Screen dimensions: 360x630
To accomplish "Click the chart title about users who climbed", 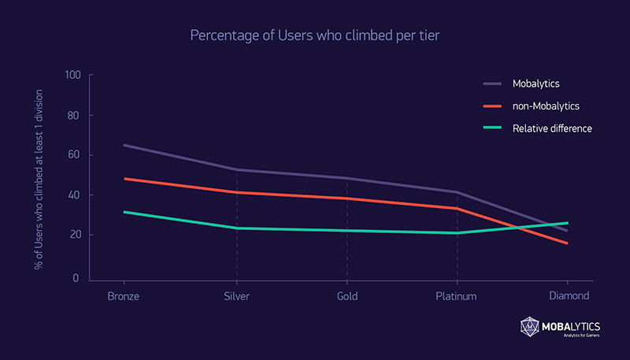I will click(x=314, y=36).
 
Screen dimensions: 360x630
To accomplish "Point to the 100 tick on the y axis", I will click(x=74, y=76).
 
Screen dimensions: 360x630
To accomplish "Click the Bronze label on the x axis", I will click(x=123, y=297).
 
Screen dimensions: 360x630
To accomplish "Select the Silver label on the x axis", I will click(x=236, y=297).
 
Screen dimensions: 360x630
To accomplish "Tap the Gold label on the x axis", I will click(x=346, y=297).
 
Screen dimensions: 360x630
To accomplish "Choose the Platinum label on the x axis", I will click(x=458, y=297).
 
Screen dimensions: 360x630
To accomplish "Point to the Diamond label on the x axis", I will click(x=569, y=297).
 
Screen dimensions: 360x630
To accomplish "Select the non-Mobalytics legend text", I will click(x=547, y=105).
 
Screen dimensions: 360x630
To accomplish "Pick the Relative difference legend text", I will click(x=552, y=128).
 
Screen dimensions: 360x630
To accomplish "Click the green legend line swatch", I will click(x=492, y=128).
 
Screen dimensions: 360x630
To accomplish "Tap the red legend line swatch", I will click(x=492, y=105).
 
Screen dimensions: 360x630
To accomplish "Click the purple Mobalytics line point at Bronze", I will click(x=124, y=145).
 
